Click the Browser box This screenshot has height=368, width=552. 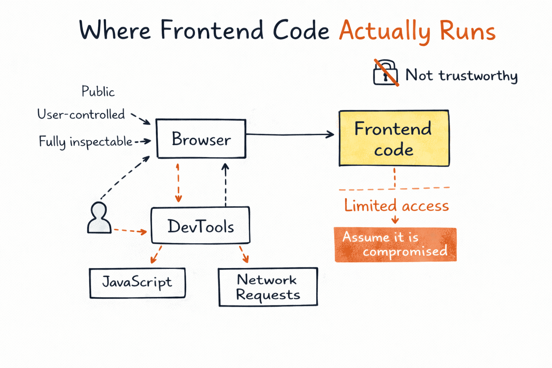click(201, 139)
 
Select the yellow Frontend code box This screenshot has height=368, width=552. click(394, 138)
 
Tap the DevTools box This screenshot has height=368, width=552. click(200, 225)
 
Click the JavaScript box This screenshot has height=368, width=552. click(137, 283)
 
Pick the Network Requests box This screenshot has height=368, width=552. click(268, 287)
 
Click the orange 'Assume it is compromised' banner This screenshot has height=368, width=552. click(395, 245)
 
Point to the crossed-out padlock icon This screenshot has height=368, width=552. click(385, 73)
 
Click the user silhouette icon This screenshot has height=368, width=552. click(99, 218)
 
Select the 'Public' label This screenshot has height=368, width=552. click(98, 92)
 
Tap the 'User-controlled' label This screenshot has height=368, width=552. click(81, 115)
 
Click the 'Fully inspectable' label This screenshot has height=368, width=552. click(86, 142)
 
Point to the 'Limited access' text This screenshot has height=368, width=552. click(396, 206)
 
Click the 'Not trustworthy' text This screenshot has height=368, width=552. click(461, 75)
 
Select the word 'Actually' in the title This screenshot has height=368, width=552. click(384, 31)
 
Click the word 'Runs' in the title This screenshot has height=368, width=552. click(467, 31)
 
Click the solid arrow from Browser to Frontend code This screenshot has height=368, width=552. click(289, 134)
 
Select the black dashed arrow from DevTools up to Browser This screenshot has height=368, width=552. click(225, 185)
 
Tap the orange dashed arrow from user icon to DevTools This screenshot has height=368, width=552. click(130, 230)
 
